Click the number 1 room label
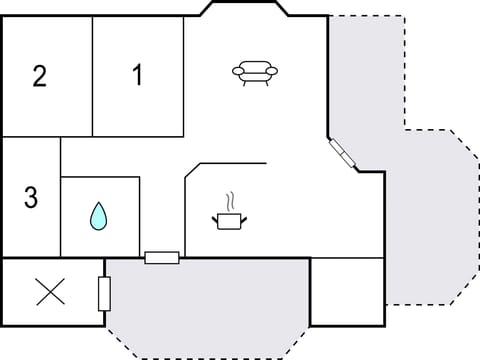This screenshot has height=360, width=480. [137, 74]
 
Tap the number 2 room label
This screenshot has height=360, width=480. [40, 76]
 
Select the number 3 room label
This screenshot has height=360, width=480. [31, 198]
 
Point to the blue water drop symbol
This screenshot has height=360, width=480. [99, 216]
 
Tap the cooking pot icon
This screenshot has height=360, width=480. [229, 219]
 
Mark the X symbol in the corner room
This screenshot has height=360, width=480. [50, 292]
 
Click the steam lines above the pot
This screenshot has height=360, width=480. [231, 200]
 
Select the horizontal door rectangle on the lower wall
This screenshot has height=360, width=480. [162, 258]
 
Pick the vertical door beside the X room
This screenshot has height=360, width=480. [104, 293]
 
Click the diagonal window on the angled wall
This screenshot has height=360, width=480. [341, 153]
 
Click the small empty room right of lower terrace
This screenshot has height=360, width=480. [347, 290]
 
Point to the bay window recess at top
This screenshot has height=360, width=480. [245, 9]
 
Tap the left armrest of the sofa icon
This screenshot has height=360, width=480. [237, 70]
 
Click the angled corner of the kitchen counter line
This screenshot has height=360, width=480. [193, 170]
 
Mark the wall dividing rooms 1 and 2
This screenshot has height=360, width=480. [93, 76]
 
